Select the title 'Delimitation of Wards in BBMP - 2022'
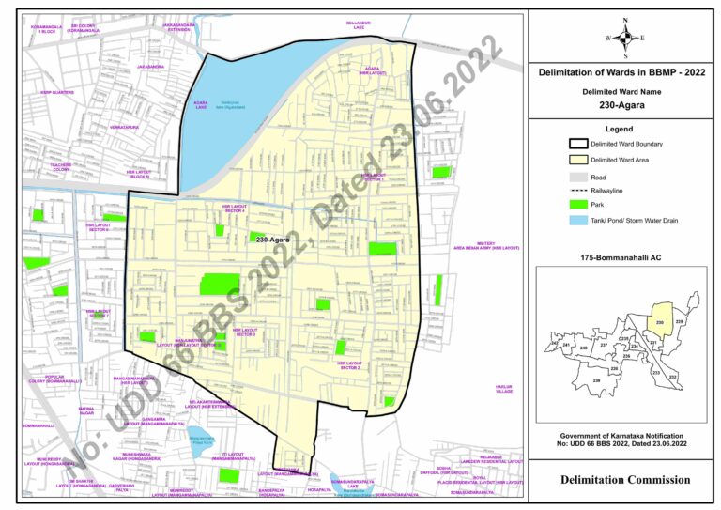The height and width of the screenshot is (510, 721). (x=623, y=72)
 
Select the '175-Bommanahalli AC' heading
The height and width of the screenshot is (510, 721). (x=622, y=256)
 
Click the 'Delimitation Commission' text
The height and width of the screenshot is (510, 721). (x=622, y=480)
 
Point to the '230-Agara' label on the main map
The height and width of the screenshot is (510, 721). (x=272, y=240)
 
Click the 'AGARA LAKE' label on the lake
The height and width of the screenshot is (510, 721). (x=201, y=105)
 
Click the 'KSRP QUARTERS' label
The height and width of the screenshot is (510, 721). (x=57, y=92)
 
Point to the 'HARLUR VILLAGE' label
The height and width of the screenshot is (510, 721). (x=504, y=388)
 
